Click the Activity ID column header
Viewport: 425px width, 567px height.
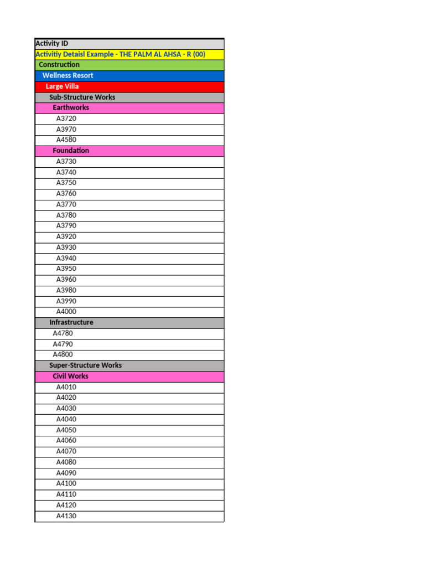(52, 43)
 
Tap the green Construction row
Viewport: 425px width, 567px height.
(59, 65)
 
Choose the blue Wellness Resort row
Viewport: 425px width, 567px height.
(68, 75)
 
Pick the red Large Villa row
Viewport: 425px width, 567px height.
(62, 86)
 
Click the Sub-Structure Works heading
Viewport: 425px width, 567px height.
(82, 97)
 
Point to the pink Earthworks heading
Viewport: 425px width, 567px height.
(71, 107)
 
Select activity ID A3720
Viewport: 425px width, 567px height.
(66, 118)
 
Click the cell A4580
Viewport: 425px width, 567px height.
(66, 140)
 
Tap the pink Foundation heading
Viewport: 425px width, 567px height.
(71, 151)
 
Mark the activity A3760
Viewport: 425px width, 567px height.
(66, 193)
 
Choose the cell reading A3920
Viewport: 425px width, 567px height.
(66, 236)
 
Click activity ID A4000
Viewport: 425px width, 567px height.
(66, 312)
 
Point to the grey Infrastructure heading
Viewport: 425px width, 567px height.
(71, 322)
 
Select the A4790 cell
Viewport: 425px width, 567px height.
(63, 344)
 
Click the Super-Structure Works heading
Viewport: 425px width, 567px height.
(85, 365)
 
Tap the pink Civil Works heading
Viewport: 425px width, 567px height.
(70, 376)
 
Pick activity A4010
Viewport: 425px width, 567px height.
(66, 387)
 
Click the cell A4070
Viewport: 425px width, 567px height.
(66, 451)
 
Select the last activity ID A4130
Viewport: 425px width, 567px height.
(66, 516)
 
